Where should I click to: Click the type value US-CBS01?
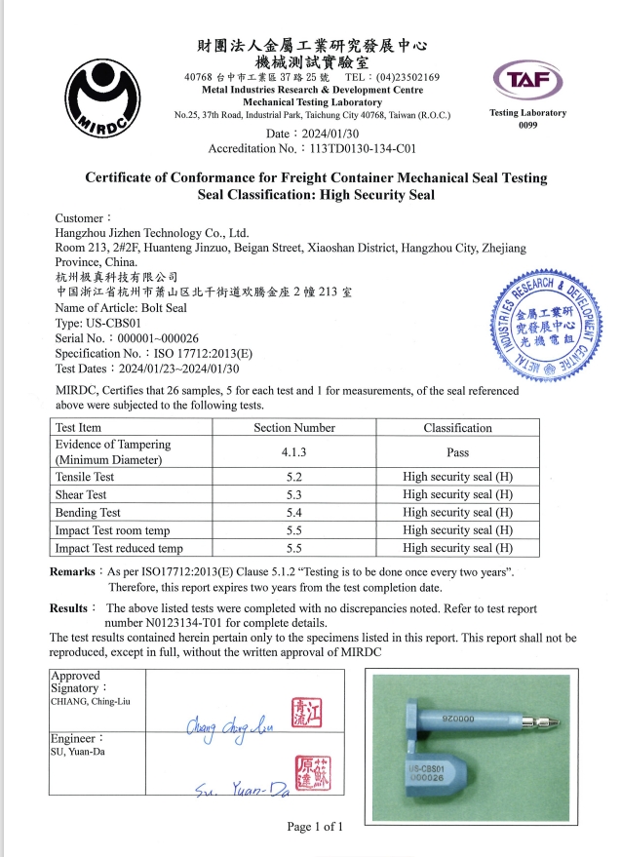pyautogui.click(x=115, y=322)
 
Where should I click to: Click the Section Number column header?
pyautogui.click(x=293, y=428)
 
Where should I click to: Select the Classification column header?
pyautogui.click(x=457, y=428)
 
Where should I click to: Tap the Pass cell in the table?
pyautogui.click(x=457, y=451)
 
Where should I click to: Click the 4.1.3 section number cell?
pyautogui.click(x=293, y=451)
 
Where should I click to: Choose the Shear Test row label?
pyautogui.click(x=81, y=494)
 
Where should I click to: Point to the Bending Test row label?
pyautogui.click(x=88, y=512)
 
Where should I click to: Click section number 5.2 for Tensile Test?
pyautogui.click(x=293, y=477)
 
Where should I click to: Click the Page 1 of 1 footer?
pyautogui.click(x=315, y=827)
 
